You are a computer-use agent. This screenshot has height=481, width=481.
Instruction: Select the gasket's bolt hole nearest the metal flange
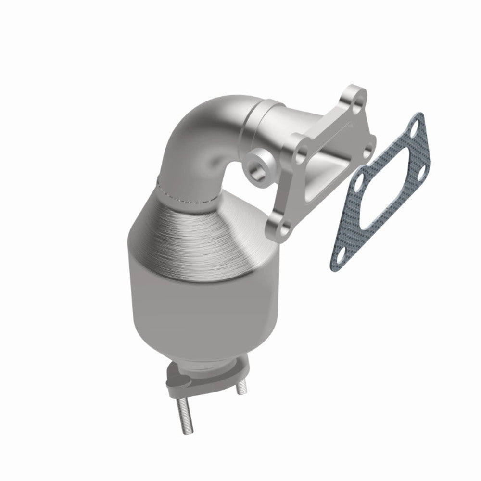tap(358, 183)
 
